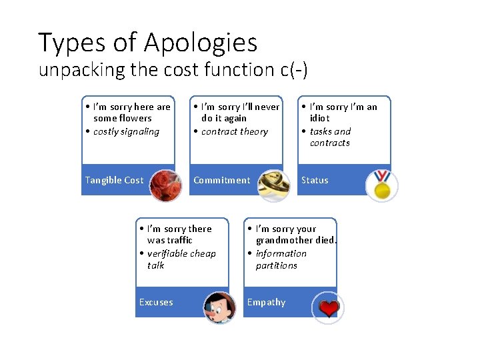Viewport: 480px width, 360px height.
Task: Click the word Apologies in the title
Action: click(x=201, y=43)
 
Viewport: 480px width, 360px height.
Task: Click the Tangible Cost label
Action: click(x=114, y=180)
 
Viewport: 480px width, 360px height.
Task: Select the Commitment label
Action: click(x=221, y=180)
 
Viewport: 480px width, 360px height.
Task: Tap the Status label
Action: click(x=315, y=180)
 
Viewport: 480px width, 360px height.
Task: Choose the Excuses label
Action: click(x=155, y=302)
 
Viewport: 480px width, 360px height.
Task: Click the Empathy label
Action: click(x=266, y=302)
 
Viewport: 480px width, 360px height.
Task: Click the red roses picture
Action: click(x=165, y=185)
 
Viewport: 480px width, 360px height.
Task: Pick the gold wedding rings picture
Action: click(x=273, y=185)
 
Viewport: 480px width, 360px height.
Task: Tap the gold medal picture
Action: click(x=381, y=185)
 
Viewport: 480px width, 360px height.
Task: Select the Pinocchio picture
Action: click(x=219, y=308)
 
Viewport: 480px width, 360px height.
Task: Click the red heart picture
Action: click(x=328, y=308)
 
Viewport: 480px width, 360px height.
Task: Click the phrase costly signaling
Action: click(x=126, y=131)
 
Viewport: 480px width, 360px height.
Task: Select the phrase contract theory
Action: click(x=234, y=131)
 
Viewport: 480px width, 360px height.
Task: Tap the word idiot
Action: click(x=319, y=118)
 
